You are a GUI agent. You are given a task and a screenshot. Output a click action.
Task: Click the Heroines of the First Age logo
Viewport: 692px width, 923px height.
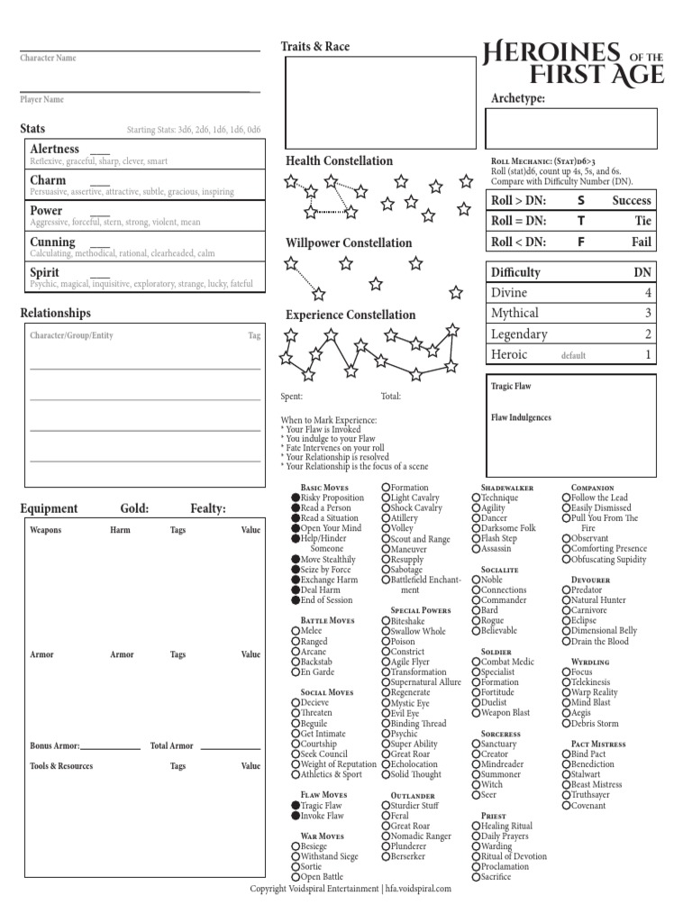pos(574,63)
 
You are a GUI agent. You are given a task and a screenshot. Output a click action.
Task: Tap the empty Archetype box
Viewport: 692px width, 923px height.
pos(572,127)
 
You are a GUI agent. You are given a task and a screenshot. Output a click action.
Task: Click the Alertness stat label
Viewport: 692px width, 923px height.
pos(55,149)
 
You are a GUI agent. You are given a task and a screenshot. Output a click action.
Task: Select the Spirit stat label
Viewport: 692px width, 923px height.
pos(45,272)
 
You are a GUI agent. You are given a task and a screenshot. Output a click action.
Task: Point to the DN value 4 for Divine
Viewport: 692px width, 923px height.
pos(647,293)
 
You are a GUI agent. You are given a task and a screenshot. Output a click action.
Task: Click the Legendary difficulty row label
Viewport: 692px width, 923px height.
pos(519,334)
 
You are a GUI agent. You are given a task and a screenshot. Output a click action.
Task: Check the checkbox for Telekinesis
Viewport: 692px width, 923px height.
pos(566,682)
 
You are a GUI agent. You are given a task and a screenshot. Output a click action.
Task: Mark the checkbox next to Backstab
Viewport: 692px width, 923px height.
pos(296,662)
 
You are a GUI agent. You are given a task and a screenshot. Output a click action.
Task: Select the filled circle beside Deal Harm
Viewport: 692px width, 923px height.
pos(296,589)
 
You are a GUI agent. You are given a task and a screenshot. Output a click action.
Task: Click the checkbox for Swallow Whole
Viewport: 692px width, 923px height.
pos(386,631)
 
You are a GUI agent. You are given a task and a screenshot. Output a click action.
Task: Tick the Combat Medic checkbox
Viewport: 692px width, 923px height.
pos(476,662)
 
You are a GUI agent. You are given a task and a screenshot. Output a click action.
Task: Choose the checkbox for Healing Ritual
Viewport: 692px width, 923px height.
pos(476,826)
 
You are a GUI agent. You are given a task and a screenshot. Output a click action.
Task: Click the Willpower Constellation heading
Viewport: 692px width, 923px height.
pos(349,243)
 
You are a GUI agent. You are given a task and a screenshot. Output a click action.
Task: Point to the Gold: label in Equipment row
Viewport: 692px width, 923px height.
pos(133,509)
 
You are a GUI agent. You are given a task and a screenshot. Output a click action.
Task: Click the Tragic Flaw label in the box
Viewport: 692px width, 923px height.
pos(511,387)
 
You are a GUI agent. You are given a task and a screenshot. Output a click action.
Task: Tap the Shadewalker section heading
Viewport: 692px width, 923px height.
pos(507,488)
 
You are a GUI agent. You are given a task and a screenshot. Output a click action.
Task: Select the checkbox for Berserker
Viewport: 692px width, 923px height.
pos(386,856)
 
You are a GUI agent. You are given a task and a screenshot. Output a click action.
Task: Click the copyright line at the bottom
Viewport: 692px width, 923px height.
pos(351,888)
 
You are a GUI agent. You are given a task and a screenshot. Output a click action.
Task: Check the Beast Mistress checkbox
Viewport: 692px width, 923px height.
pos(566,784)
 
